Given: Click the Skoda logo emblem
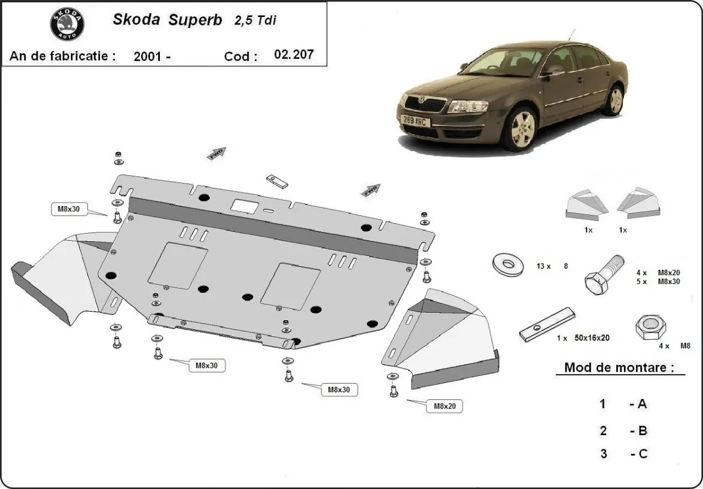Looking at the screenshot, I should (67, 24).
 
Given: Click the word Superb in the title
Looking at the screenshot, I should (196, 20).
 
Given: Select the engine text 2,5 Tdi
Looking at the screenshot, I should (255, 20).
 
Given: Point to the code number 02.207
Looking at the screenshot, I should (294, 55).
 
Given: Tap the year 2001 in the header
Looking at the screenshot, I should (148, 57).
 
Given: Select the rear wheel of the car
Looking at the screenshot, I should (615, 100).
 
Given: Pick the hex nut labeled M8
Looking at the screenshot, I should (650, 329).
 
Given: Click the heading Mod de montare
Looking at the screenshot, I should (615, 368).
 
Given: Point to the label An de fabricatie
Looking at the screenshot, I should (62, 56).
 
